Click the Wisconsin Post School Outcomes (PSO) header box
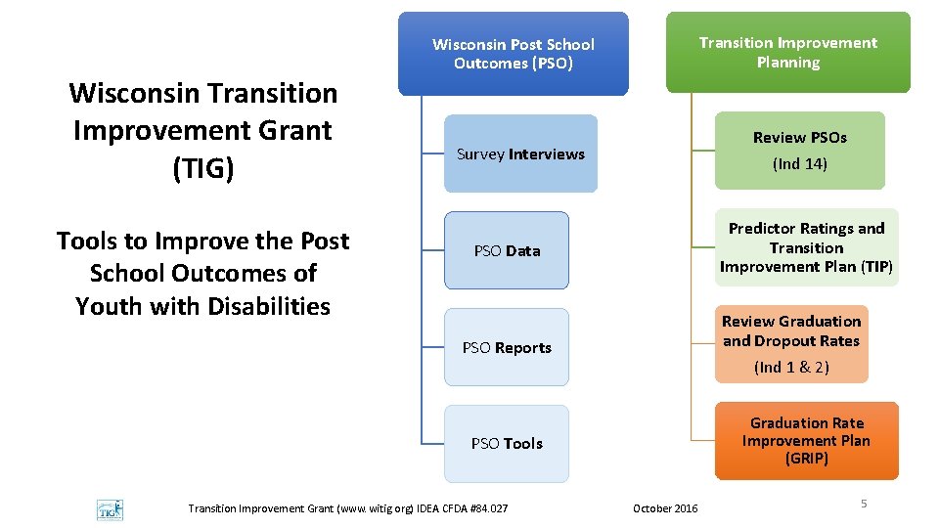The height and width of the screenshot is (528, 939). point(514,54)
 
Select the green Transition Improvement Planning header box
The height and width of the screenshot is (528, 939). point(787,53)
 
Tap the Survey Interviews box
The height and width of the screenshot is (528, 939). point(520,154)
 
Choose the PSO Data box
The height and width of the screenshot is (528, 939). point(507,250)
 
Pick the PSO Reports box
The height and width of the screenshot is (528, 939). point(507,347)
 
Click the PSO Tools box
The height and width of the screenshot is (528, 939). point(507,443)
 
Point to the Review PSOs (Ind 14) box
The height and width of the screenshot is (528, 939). point(800,151)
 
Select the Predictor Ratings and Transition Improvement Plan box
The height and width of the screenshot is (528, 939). point(805,247)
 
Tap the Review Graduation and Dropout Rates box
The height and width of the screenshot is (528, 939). point(791,343)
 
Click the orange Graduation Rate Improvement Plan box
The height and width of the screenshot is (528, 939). point(806,441)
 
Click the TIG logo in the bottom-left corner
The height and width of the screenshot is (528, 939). point(110,509)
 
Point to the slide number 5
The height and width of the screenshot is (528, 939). point(864,504)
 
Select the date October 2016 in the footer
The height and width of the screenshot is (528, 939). point(665,508)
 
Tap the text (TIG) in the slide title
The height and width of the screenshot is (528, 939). point(203,169)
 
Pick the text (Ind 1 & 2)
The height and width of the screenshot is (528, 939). point(791,368)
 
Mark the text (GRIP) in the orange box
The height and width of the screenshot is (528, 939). point(807,459)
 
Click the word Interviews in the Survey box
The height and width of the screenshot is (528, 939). point(547,154)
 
